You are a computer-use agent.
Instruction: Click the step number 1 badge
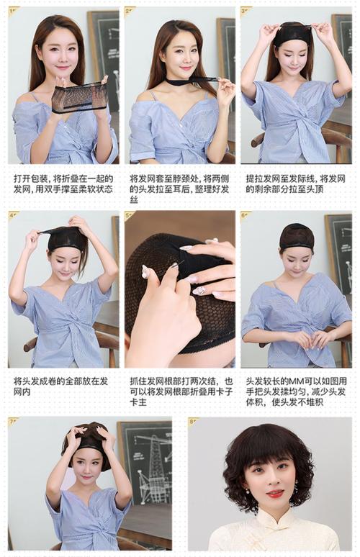(x=14, y=11)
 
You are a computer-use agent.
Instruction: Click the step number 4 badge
(x=14, y=215)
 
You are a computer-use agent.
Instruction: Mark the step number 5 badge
(x=130, y=215)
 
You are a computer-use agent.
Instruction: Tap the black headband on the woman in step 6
(x=296, y=247)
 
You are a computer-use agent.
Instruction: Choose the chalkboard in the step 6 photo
(x=338, y=245)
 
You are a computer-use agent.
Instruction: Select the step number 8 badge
(x=193, y=422)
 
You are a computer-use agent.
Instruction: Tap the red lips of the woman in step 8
(x=275, y=494)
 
